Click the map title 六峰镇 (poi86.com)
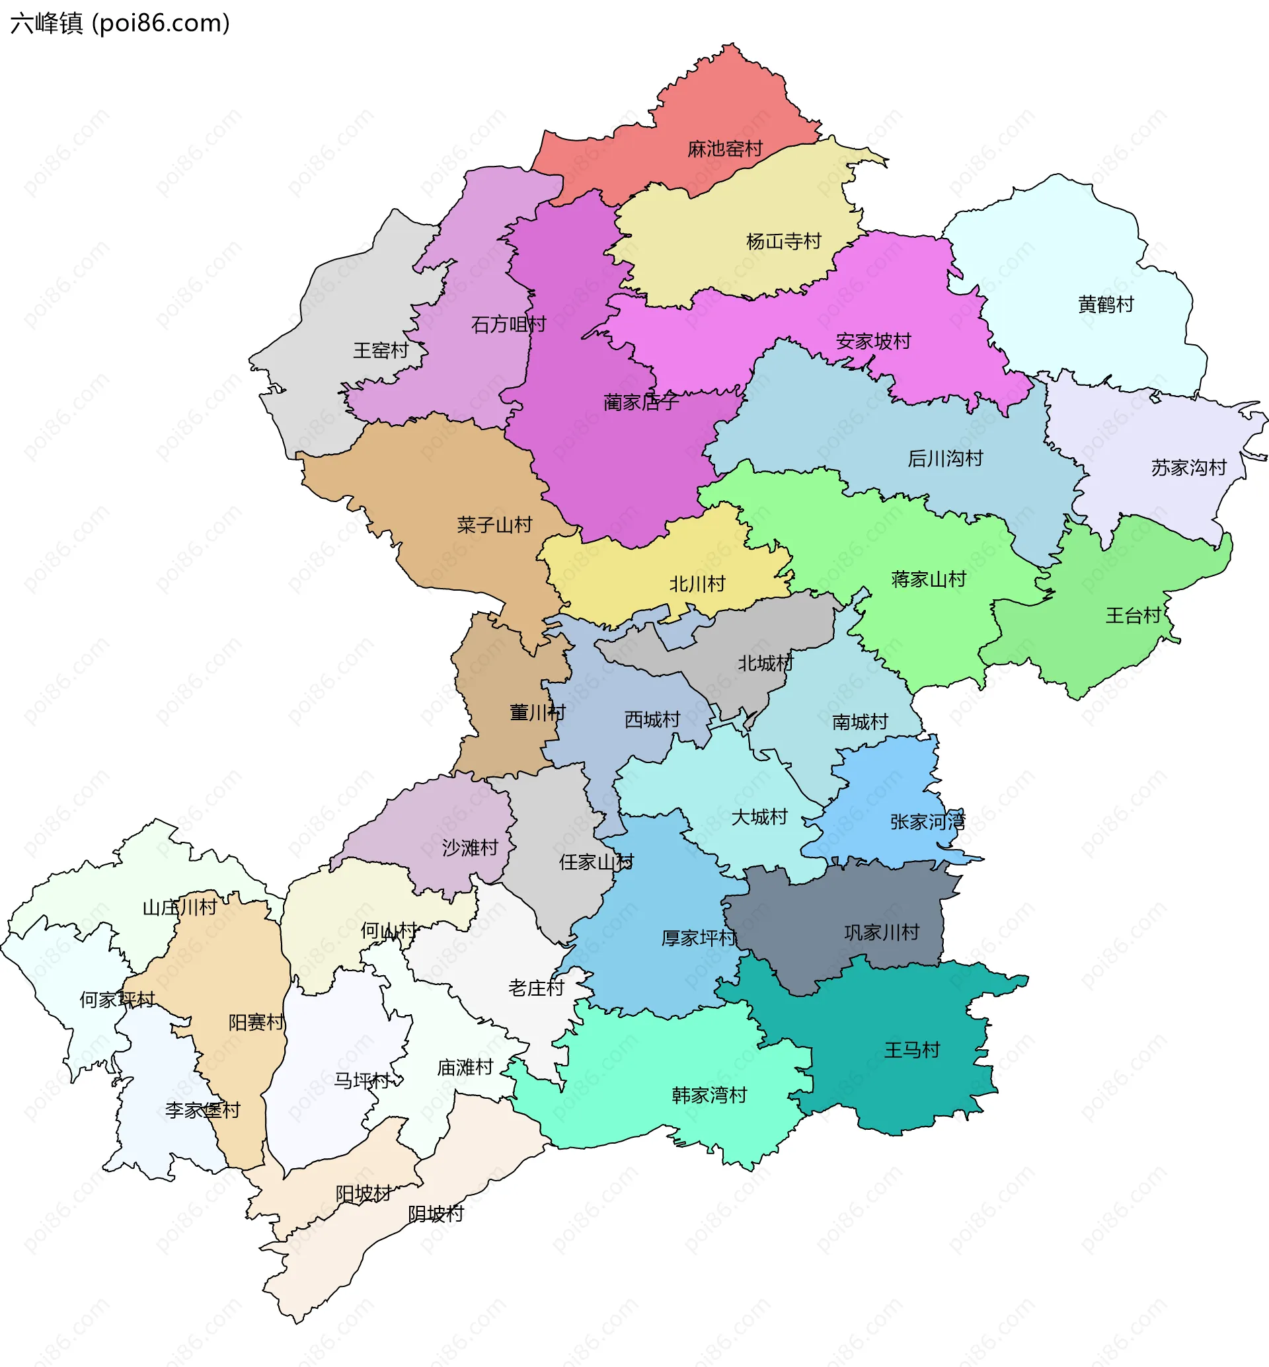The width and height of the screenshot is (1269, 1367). [120, 23]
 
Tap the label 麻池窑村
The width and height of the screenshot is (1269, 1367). [724, 149]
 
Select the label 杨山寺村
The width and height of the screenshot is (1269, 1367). [783, 242]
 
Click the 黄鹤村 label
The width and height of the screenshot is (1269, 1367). [1106, 304]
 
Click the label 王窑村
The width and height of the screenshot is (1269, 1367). [381, 351]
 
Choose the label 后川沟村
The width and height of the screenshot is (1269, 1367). [945, 458]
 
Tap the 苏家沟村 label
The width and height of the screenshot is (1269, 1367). [1188, 468]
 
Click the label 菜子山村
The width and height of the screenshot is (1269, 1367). [494, 525]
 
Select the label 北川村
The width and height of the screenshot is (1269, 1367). [697, 584]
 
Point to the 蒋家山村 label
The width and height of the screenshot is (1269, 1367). [929, 579]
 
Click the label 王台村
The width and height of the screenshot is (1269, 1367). [1133, 615]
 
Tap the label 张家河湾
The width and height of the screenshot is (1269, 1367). [927, 822]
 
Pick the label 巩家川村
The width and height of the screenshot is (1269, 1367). [881, 932]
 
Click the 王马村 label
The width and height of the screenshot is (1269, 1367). [911, 1050]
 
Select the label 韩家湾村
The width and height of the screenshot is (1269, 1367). [709, 1095]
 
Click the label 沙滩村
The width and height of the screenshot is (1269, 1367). [470, 848]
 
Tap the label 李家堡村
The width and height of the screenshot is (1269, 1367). [202, 1110]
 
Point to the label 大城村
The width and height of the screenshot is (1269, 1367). [759, 817]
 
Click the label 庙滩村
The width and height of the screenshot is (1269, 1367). [465, 1068]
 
